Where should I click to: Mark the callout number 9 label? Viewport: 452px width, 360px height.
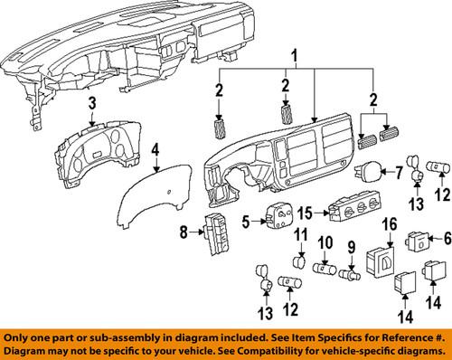(353, 244)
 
